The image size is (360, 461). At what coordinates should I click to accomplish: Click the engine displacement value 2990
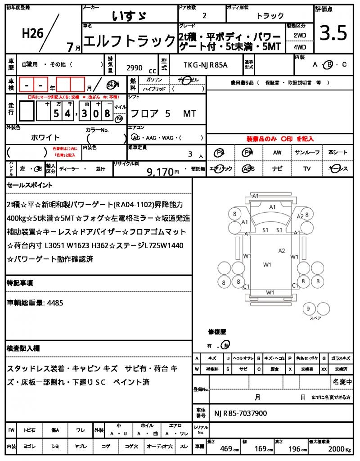135,68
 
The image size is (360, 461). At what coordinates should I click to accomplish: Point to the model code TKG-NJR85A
206,64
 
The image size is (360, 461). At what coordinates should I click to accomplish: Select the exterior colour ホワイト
45,137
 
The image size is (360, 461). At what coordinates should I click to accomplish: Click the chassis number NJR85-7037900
240,413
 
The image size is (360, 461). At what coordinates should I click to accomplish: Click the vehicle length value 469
225,448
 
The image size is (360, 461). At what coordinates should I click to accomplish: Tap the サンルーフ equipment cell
307,153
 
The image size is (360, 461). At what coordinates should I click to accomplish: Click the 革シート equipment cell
337,153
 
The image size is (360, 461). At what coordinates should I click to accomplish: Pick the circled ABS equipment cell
248,169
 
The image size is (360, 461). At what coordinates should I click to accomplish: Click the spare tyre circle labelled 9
308,309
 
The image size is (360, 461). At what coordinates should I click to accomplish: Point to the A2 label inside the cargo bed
282,250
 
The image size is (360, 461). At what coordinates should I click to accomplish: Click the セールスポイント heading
30,185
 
